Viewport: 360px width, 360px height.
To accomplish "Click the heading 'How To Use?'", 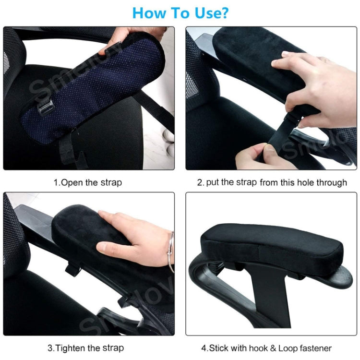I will tap(180, 12).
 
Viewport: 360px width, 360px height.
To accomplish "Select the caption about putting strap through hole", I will tap(272, 182).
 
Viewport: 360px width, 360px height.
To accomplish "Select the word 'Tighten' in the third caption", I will tap(79, 348).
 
